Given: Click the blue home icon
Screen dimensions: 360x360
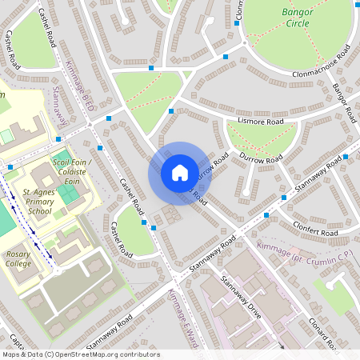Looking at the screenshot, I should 179,173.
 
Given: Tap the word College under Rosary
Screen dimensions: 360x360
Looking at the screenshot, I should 18,263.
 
